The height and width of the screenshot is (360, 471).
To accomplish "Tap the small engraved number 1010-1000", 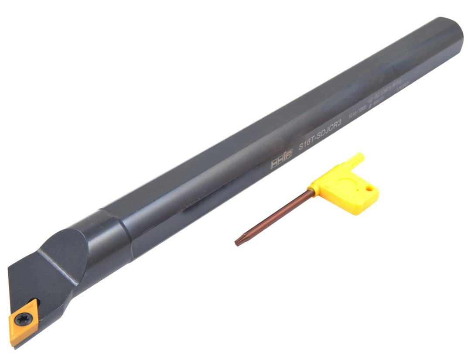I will click(356, 117).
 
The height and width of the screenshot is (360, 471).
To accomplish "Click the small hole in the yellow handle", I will click(370, 190).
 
